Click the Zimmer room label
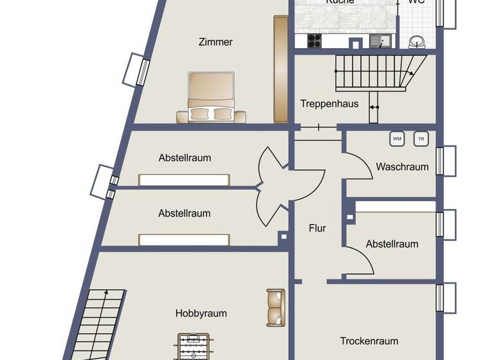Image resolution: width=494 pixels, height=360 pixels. [215, 42]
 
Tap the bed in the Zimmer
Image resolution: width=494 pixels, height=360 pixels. [211, 96]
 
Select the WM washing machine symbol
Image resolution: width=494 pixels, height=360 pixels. [397, 138]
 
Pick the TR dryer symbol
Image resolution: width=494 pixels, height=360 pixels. [421, 138]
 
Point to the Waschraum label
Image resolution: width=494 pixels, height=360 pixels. [402, 166]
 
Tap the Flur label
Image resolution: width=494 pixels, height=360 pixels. [317, 228]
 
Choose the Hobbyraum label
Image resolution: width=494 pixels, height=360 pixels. [201, 314]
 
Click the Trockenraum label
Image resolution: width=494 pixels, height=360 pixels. [369, 341]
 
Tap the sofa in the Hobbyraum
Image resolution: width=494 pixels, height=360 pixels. [276, 307]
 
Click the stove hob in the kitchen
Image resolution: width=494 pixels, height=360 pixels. [314, 40]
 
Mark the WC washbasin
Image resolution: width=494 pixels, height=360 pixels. [417, 42]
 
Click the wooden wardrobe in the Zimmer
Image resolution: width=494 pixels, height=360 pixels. [280, 69]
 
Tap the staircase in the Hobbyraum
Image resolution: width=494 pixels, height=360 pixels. [100, 325]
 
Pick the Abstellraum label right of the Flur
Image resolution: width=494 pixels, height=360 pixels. [392, 244]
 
